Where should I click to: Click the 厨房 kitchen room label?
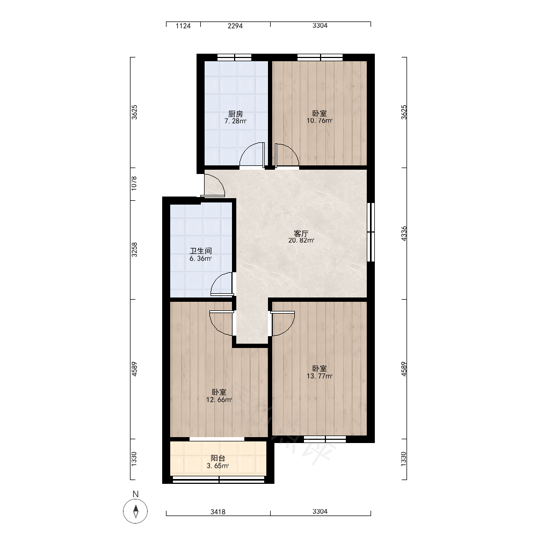[236, 113]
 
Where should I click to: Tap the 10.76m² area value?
[320, 120]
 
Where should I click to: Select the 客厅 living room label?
[301, 233]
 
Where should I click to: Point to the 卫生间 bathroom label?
[201, 251]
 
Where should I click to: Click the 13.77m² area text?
[320, 376]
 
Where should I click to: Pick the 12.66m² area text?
[219, 400]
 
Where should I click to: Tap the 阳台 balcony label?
[218, 458]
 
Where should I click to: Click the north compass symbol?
[136, 511]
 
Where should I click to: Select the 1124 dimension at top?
[183, 26]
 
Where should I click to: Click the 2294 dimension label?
[235, 26]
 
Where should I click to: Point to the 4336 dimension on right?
[404, 233]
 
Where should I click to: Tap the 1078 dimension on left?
[134, 183]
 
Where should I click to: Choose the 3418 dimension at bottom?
[218, 512]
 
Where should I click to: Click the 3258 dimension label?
[134, 250]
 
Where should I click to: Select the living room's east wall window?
[371, 232]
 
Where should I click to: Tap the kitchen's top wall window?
[235, 57]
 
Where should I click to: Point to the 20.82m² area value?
[301, 241]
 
